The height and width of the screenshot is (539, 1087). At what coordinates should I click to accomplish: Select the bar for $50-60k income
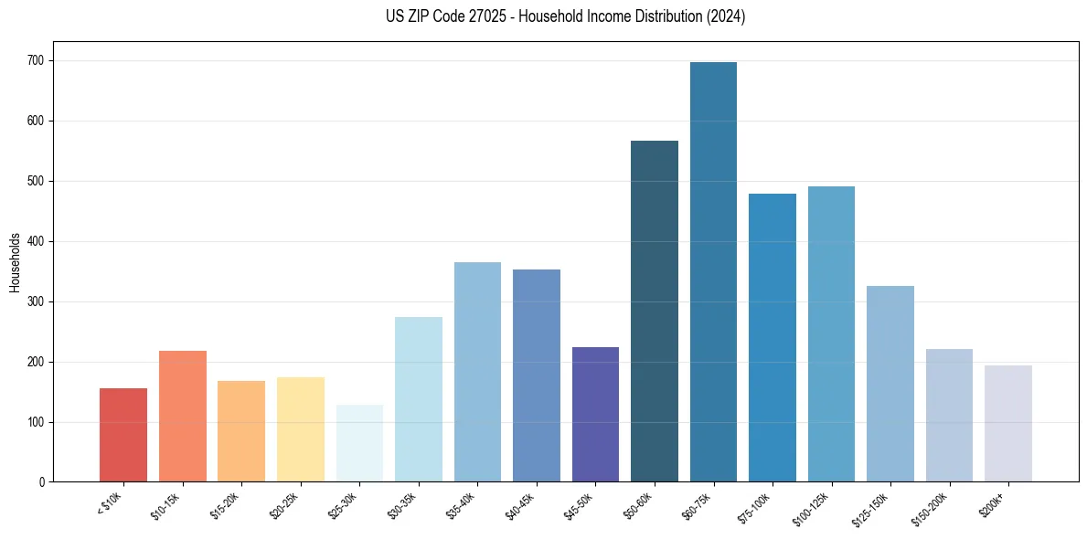(x=655, y=312)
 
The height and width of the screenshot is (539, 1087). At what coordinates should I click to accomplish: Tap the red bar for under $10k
(x=123, y=435)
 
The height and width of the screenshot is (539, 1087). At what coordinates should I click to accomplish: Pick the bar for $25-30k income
(x=359, y=443)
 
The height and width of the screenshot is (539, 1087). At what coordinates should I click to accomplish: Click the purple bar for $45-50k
(x=595, y=415)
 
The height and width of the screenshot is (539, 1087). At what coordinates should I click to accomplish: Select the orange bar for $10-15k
(x=183, y=417)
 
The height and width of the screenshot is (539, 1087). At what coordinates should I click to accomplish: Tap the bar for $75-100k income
(x=773, y=338)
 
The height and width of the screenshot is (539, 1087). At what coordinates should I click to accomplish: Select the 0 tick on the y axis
(x=42, y=482)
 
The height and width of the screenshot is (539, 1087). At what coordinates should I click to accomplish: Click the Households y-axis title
(x=15, y=262)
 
